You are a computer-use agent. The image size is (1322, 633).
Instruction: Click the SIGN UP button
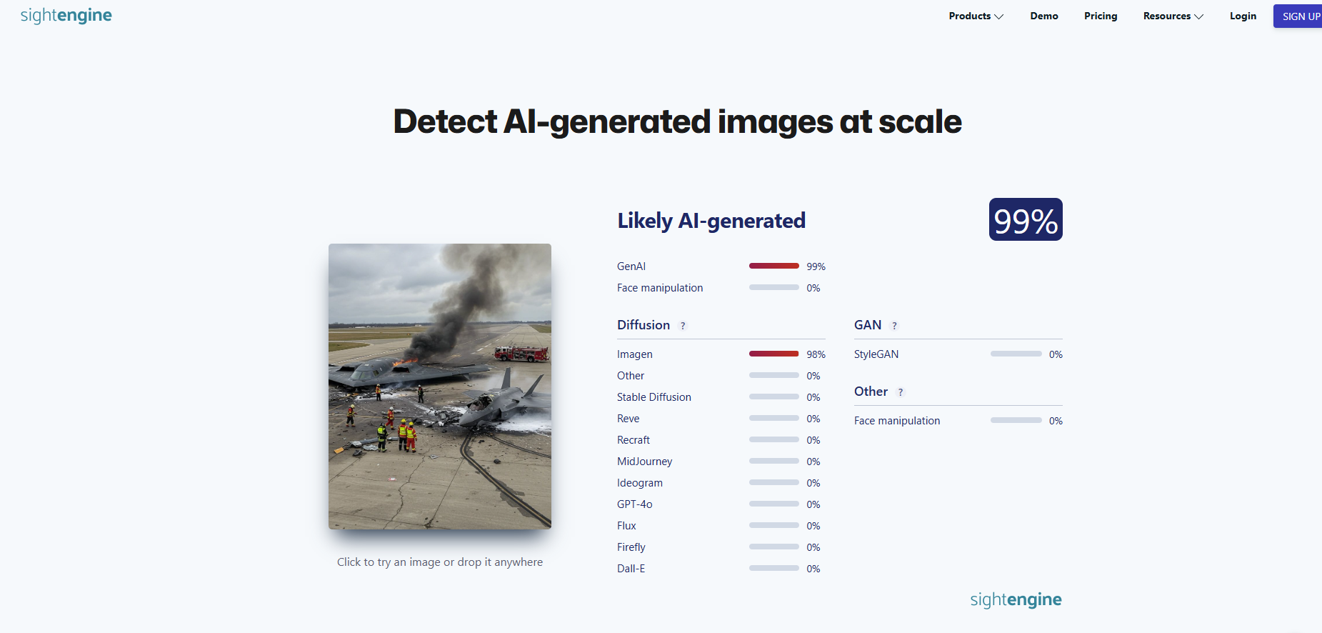coord(1298,16)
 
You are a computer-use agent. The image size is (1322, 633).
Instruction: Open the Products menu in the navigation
coord(976,16)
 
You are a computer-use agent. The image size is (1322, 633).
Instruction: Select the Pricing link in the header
coord(1101,16)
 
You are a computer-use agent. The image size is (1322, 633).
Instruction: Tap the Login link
coord(1243,16)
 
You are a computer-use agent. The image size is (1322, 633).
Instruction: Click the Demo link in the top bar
coord(1044,16)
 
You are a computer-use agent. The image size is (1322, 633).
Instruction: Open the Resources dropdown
coord(1173,16)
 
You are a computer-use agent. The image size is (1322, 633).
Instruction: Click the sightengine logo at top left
coord(66,16)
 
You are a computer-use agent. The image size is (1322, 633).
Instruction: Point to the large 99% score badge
coord(1026,219)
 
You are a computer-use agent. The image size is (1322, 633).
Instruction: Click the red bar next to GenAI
coord(774,266)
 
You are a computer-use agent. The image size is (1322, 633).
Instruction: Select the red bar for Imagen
coord(774,354)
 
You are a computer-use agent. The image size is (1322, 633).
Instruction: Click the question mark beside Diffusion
coord(683,326)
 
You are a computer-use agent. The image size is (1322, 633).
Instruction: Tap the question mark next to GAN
coord(894,326)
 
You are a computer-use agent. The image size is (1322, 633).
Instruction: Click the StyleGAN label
coord(876,354)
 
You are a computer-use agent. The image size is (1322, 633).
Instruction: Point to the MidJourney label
coord(645,462)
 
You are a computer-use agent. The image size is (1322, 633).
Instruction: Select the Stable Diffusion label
coord(654,397)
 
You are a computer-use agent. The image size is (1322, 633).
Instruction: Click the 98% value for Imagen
coord(816,354)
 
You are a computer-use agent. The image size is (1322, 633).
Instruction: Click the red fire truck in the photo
coord(522,353)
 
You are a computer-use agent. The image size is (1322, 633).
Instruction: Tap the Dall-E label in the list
coord(631,569)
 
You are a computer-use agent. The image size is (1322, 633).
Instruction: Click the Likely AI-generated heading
coord(711,221)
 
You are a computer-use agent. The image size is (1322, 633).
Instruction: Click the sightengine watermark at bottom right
coord(1016,599)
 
